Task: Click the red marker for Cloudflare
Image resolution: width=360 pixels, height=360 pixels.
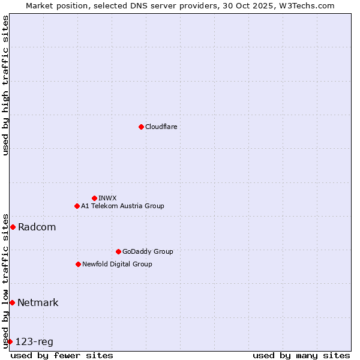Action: pyautogui.click(x=141, y=127)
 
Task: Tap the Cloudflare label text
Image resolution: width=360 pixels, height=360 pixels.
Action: pyautogui.click(x=161, y=127)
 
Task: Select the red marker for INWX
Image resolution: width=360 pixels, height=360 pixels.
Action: pyautogui.click(x=95, y=198)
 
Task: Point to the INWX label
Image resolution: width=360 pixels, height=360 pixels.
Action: pyautogui.click(x=107, y=198)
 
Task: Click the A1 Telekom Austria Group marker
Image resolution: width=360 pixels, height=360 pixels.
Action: pyautogui.click(x=77, y=206)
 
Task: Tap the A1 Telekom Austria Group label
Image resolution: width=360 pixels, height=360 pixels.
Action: pyautogui.click(x=122, y=206)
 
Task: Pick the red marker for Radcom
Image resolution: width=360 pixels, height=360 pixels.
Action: pyautogui.click(x=13, y=227)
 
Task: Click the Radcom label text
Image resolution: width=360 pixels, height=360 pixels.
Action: pyautogui.click(x=37, y=227)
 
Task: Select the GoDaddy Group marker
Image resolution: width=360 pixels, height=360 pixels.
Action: pyautogui.click(x=118, y=251)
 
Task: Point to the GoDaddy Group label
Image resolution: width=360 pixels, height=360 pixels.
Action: pyautogui.click(x=148, y=251)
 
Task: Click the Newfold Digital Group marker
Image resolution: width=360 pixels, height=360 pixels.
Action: pyautogui.click(x=78, y=264)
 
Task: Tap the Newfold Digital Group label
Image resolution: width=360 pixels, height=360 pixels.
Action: pyautogui.click(x=117, y=264)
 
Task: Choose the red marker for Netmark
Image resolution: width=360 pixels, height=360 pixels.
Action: pyautogui.click(x=12, y=302)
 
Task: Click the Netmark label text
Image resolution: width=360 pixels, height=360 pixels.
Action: pyautogui.click(x=38, y=302)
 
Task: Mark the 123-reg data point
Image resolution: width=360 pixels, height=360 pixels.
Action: pyautogui.click(x=10, y=341)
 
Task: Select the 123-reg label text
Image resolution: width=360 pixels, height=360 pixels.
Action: pyautogui.click(x=34, y=342)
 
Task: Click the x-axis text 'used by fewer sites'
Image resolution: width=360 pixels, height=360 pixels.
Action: pyautogui.click(x=62, y=355)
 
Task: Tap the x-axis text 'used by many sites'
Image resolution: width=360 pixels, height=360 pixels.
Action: pyautogui.click(x=301, y=355)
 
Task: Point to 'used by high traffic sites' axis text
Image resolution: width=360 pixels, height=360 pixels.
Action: pyautogui.click(x=5, y=85)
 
